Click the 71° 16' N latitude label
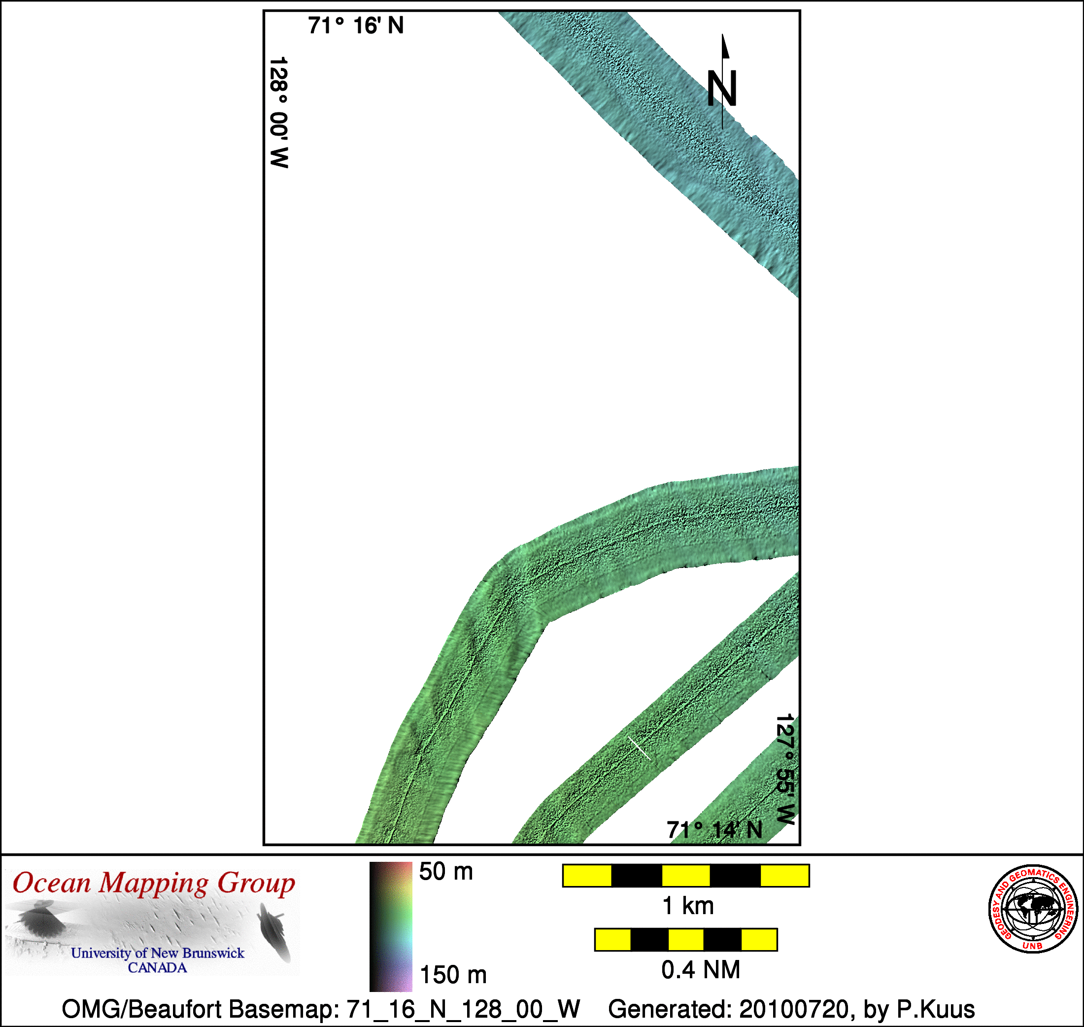(x=356, y=26)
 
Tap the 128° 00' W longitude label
(x=279, y=112)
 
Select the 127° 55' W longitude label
(x=785, y=769)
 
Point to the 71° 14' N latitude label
(x=714, y=830)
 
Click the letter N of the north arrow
(x=722, y=88)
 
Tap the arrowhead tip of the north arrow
(x=722, y=34)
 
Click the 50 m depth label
(x=446, y=872)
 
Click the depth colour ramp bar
(x=391, y=927)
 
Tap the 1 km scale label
(x=688, y=906)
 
